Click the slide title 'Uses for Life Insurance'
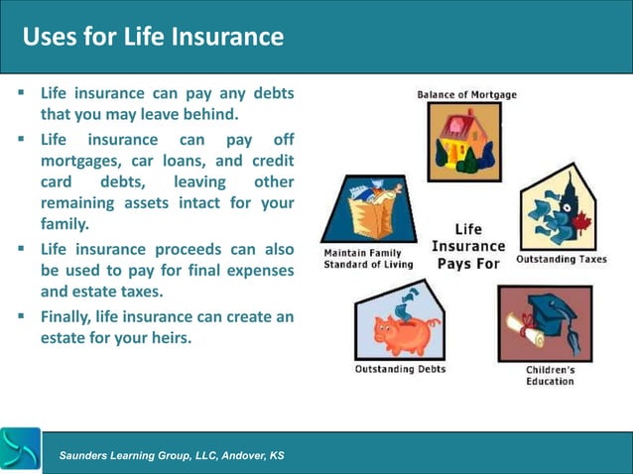153,37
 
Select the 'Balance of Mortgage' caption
466,95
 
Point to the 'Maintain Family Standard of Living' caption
363,258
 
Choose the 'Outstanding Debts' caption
400,369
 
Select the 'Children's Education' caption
550,375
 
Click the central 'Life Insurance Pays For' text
469,246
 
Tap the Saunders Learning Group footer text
172,455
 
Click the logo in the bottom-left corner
21,450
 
